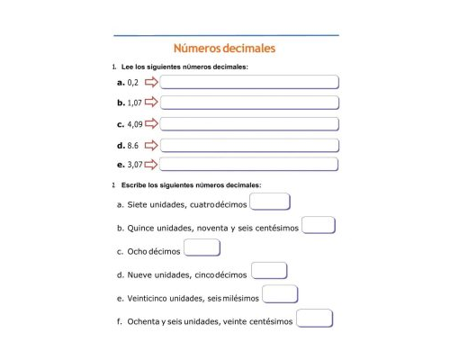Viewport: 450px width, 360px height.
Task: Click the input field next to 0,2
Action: point(249,83)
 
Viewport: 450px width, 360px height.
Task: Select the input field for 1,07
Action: point(249,103)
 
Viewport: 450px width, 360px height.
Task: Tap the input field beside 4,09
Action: point(249,124)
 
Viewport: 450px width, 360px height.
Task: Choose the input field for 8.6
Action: point(249,145)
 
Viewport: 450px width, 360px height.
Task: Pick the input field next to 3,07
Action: point(249,165)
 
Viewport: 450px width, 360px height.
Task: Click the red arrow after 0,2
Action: point(151,83)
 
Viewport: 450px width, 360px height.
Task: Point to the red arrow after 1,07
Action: point(151,103)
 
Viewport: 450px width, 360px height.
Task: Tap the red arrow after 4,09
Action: point(151,124)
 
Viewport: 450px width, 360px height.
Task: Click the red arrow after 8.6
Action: point(151,145)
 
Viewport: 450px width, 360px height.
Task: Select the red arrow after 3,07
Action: point(151,165)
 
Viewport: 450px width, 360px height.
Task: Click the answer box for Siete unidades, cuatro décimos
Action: point(270,202)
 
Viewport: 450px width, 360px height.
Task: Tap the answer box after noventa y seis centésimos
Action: point(319,226)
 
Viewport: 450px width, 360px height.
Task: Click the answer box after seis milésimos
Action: point(280,295)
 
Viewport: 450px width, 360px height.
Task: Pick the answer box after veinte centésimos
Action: point(314,319)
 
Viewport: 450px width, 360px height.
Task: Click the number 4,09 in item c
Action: point(136,124)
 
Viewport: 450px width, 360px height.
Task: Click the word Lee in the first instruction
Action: point(127,67)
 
